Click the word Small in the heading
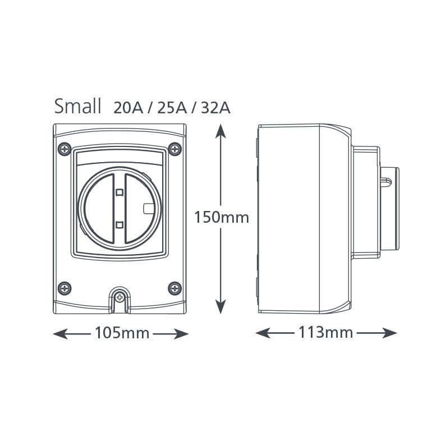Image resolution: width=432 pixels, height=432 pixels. (77, 105)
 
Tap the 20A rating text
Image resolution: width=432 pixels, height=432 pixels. (128, 107)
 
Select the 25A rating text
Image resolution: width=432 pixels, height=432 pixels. (172, 107)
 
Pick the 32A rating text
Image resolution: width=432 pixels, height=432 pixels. (215, 107)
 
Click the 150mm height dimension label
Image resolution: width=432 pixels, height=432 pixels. (222, 217)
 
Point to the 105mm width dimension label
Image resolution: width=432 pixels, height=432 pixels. (122, 333)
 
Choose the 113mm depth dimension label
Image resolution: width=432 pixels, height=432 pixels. (325, 333)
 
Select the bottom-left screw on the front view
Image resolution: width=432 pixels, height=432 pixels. (65, 288)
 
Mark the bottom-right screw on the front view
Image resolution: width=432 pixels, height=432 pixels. (175, 288)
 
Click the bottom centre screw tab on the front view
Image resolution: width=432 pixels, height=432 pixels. (120, 297)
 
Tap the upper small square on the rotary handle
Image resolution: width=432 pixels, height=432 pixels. (119, 192)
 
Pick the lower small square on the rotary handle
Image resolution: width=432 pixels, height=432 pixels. (119, 225)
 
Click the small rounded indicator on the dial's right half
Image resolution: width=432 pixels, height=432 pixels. (149, 208)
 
